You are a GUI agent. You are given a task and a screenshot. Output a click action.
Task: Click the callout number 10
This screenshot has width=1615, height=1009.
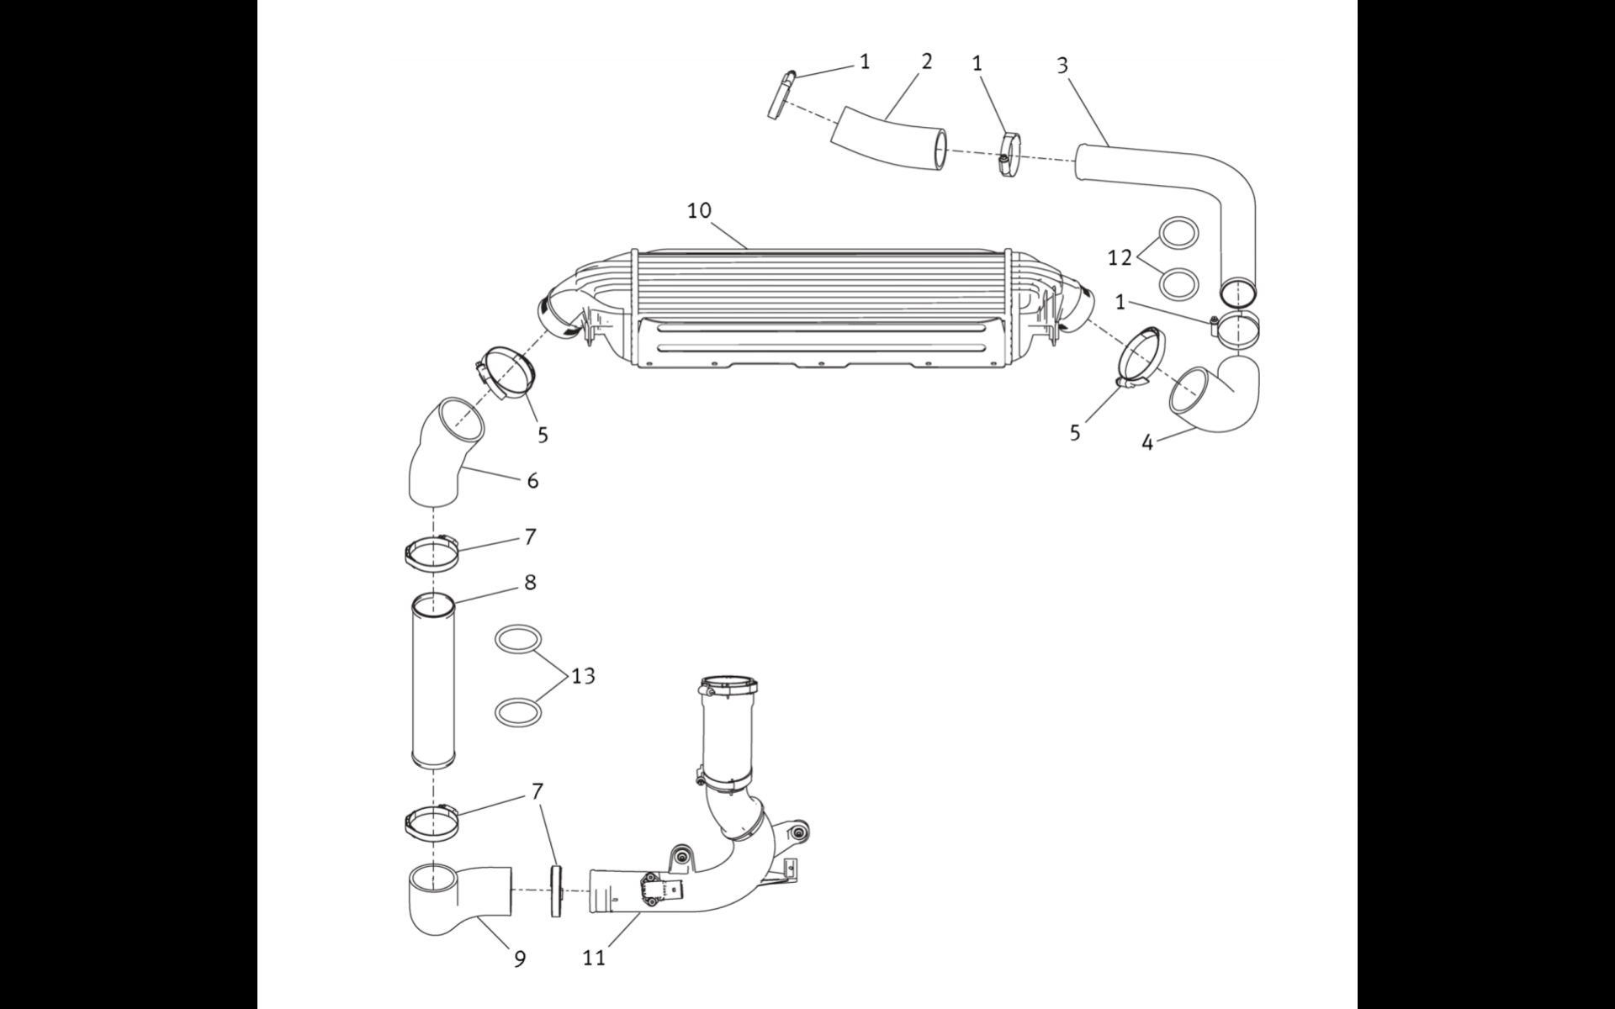[699, 210]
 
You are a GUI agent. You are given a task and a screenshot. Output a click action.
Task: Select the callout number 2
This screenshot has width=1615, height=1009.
[926, 61]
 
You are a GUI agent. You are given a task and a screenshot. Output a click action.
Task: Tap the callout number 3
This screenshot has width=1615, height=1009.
[1062, 66]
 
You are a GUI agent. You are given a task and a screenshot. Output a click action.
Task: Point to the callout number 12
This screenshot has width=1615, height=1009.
[1120, 258]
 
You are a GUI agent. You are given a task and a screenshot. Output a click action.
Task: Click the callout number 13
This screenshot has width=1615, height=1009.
[583, 675]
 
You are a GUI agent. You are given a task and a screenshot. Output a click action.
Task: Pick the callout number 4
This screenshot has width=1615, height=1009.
[1147, 442]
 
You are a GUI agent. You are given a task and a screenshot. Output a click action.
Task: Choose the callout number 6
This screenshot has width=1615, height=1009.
[532, 481]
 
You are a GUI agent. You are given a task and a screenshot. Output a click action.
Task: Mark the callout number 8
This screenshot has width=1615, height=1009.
[530, 582]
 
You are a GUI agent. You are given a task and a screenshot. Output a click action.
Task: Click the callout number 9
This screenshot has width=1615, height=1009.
[520, 959]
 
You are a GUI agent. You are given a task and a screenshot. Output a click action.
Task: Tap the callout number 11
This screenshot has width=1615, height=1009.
[594, 958]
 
